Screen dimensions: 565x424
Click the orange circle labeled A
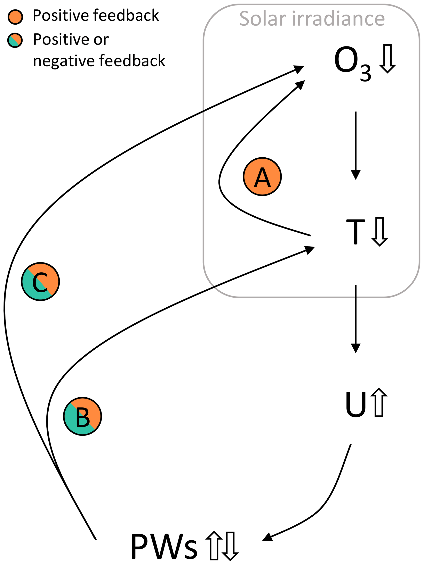tap(262, 176)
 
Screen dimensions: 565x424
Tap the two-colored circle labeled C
tap(40, 282)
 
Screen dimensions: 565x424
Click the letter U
tap(355, 404)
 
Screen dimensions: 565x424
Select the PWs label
tap(164, 547)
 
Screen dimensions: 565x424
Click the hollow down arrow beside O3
tap(387, 58)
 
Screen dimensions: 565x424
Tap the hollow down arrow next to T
tap(380, 231)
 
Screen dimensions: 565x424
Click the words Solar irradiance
tap(312, 18)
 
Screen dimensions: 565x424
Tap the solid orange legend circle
tap(15, 17)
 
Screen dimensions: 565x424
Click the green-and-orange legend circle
tap(15, 40)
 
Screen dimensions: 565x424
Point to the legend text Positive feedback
tap(96, 15)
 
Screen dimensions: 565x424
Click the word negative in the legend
tap(64, 61)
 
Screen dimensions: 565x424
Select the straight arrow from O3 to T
tap(355, 146)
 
